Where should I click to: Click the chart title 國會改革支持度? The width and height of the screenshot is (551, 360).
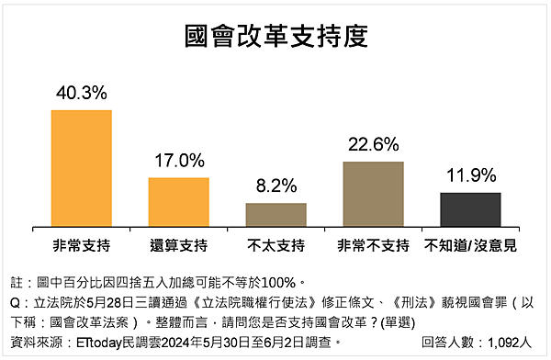(x=275, y=36)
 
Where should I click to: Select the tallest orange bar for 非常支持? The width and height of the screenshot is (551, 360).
(x=81, y=168)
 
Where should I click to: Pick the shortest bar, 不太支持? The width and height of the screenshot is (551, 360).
(x=275, y=215)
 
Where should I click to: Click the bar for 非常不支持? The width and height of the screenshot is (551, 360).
(x=372, y=194)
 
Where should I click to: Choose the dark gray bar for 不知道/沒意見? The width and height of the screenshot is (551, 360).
(x=470, y=209)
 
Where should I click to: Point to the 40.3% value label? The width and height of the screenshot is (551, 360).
(x=81, y=93)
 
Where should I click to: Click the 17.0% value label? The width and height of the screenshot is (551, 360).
(x=178, y=160)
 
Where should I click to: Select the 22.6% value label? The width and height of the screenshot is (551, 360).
(x=372, y=143)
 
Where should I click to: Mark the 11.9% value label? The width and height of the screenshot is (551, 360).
(x=470, y=174)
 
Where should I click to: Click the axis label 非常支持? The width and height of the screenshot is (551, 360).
(x=81, y=245)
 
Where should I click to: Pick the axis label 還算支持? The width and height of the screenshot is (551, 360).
(x=178, y=245)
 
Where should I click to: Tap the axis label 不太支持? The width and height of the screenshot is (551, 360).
(x=275, y=245)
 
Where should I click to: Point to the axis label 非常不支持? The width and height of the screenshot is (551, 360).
(x=372, y=245)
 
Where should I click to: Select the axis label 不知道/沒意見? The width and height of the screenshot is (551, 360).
(x=470, y=245)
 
